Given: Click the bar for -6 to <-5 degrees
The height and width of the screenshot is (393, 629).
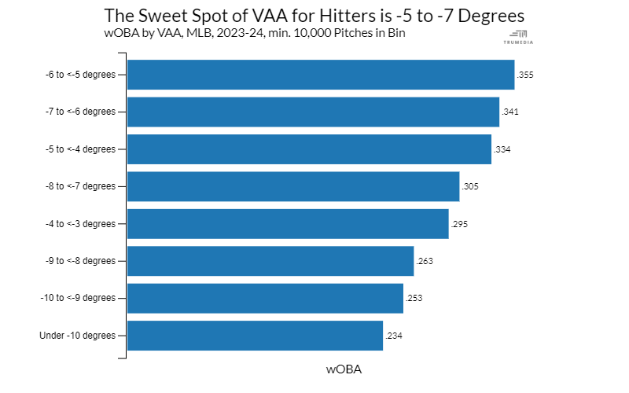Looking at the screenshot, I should tap(321, 75).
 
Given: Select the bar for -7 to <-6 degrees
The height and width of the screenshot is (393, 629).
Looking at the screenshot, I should tap(313, 112).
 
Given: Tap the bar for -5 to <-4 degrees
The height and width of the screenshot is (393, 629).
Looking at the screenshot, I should tap(309, 149).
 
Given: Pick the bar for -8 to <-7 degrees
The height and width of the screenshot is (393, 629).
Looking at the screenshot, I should tap(293, 186).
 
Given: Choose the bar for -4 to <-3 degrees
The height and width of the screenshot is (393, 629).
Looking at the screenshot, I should tap(288, 224).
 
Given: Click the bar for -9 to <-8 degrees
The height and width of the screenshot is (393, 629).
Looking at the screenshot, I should tap(270, 261).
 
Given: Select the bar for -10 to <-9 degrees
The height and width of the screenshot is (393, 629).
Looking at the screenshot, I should tap(265, 299).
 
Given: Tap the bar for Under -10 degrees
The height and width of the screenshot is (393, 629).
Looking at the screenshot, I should tap(255, 336).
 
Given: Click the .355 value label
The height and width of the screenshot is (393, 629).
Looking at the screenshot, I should tap(525, 75).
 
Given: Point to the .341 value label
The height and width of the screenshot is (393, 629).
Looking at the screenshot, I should tap(510, 112).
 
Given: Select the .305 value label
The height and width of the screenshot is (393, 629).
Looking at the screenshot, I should tap(470, 186).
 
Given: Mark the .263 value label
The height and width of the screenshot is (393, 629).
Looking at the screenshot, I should tap(425, 261).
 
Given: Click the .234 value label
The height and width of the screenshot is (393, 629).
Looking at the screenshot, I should tap(394, 336).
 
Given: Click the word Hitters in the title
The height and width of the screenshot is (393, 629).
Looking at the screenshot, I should tap(348, 16).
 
